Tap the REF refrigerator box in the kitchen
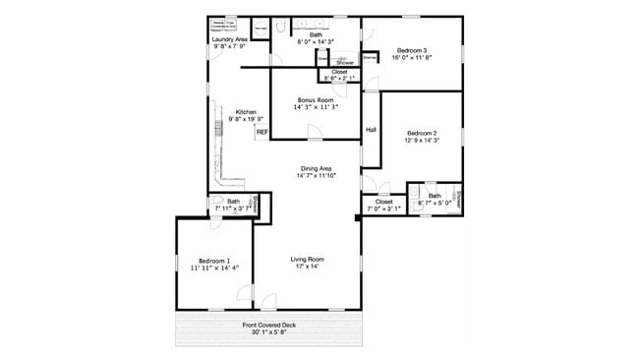click(x=262, y=132)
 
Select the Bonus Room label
click(x=317, y=100)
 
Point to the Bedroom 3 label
click(x=414, y=50)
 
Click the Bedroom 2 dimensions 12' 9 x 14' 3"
click(x=422, y=141)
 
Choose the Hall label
click(x=372, y=130)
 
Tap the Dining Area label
click(x=318, y=168)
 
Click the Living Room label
click(x=307, y=259)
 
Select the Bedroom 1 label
click(x=214, y=260)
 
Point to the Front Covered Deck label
click(x=269, y=326)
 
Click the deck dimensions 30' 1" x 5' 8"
click(x=269, y=333)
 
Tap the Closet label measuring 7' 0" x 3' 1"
click(x=383, y=202)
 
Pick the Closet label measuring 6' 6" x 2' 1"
click(x=339, y=72)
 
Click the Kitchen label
click(x=246, y=111)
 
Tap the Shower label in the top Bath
click(x=345, y=62)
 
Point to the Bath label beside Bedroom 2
click(x=435, y=195)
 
